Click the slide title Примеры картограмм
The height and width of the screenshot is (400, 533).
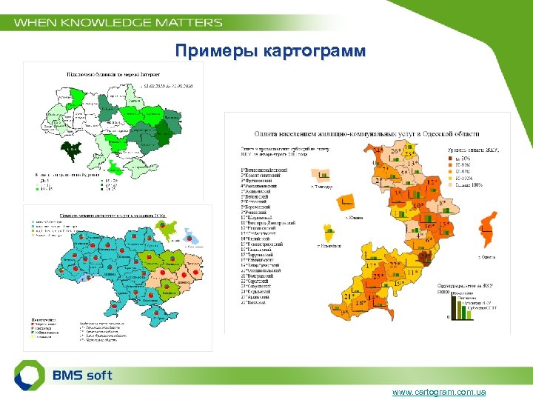click(x=269, y=51)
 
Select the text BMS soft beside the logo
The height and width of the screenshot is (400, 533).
click(x=82, y=375)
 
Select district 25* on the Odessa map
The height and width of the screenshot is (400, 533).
click(x=378, y=276)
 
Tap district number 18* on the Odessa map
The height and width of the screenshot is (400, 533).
click(x=361, y=303)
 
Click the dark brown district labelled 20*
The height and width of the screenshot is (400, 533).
click(x=425, y=257)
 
